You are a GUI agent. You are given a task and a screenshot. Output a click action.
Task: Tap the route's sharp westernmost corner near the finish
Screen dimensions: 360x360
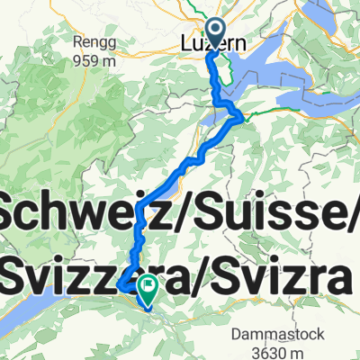click(119, 286)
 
